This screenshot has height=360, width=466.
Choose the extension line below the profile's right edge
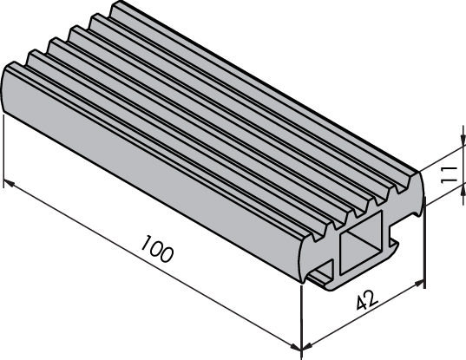coord(424,252)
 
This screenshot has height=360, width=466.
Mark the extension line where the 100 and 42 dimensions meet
coord(302,321)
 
